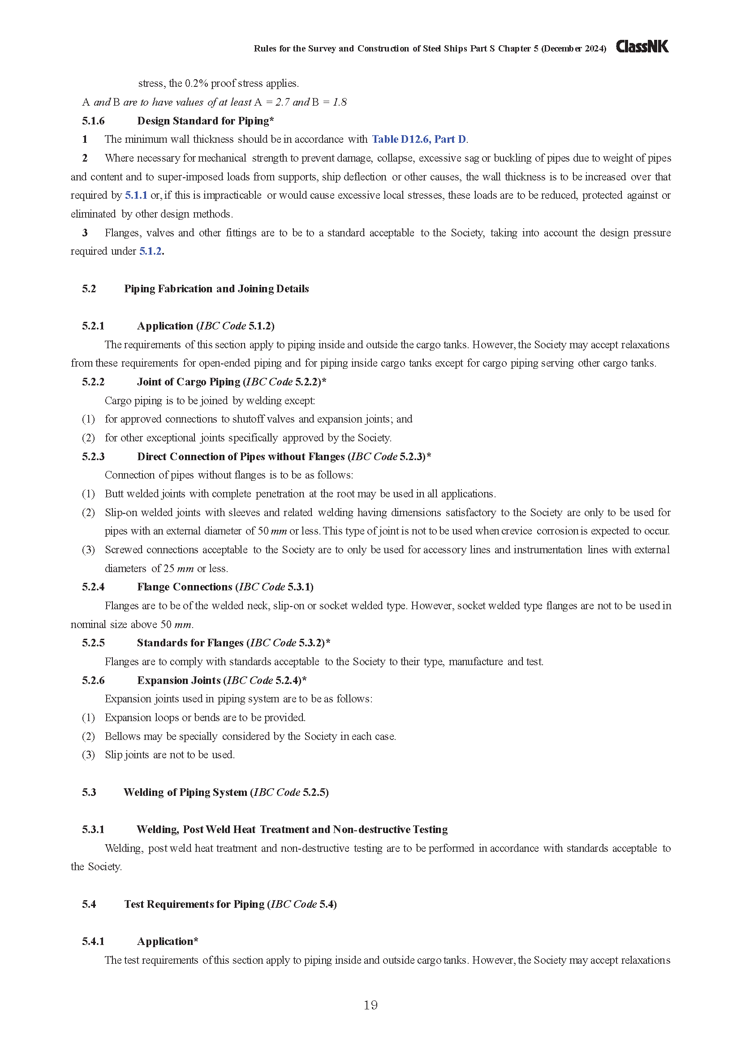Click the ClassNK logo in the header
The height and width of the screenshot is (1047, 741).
tap(642, 47)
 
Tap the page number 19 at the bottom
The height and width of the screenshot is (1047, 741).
tap(370, 1004)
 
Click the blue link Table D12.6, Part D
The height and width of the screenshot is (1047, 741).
tap(419, 139)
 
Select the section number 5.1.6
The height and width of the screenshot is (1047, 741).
tap(93, 121)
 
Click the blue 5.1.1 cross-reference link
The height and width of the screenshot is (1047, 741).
tap(136, 195)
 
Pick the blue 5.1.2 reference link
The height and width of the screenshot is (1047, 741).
tap(151, 251)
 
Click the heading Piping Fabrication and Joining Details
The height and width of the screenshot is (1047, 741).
tap(216, 289)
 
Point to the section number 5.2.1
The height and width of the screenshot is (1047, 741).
tap(93, 325)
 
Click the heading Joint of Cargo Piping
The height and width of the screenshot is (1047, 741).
tap(189, 382)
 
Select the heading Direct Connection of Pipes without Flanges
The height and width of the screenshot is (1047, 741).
tap(241, 457)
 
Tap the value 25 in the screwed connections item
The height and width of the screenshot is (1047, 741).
tap(169, 568)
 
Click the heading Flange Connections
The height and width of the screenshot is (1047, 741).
tap(184, 587)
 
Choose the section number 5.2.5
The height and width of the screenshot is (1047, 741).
tap(93, 643)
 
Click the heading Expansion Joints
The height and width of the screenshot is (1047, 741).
tap(178, 680)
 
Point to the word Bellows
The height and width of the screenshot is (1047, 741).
tap(121, 736)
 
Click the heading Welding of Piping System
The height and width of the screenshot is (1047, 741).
tap(185, 792)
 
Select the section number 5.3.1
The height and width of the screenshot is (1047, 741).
tap(93, 829)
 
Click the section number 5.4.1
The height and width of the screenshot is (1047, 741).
tap(93, 941)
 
